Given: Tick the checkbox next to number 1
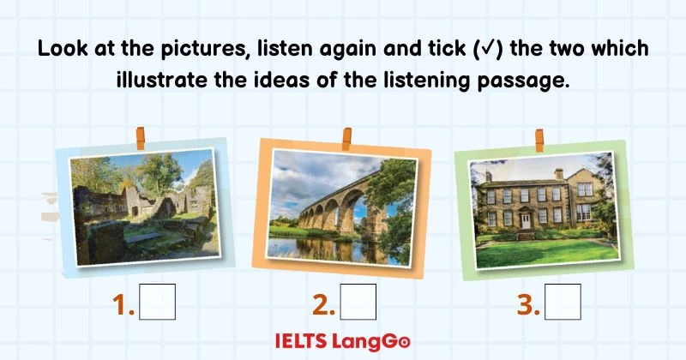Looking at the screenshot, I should pos(158,302).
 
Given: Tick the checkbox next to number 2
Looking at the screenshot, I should pos(358,302).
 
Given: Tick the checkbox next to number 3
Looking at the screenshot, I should pos(563,302).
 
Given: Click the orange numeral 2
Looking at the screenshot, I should pos(322,303).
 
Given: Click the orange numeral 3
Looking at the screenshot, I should pos(528,303).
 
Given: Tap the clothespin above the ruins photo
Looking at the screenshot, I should pos(139,137).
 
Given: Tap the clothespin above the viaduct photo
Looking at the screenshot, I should pos(346,136).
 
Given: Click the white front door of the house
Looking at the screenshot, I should pos(524,220).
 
